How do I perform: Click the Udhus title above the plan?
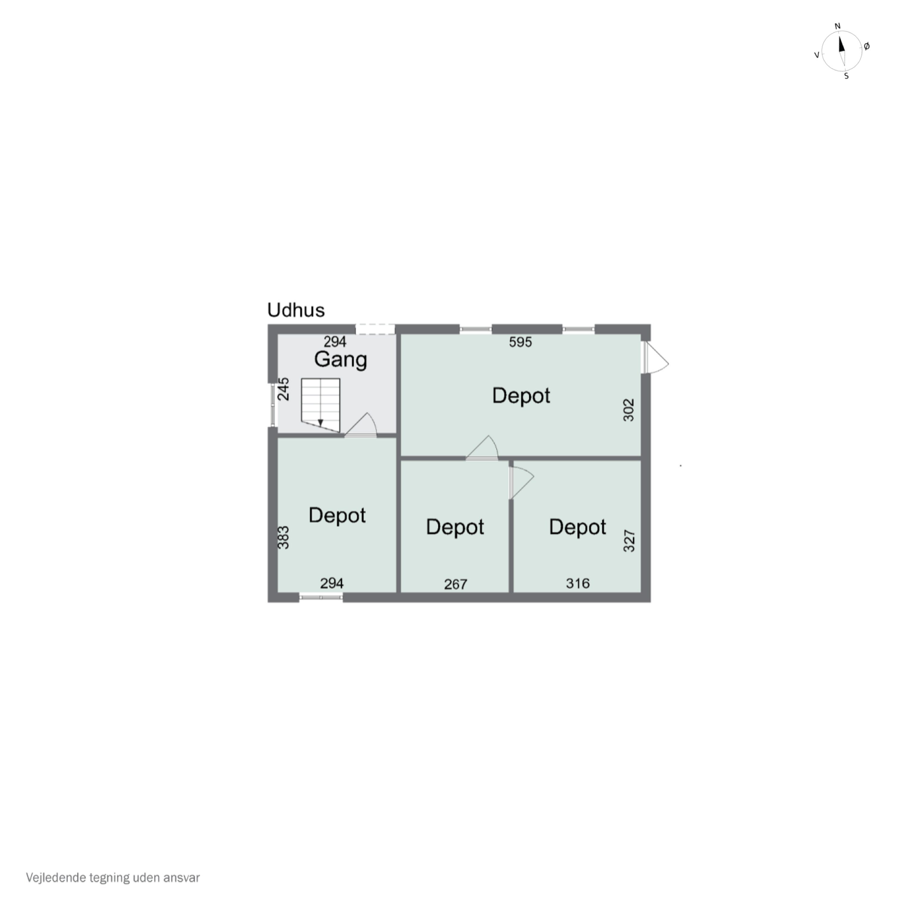coord(296,310)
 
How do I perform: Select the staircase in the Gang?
coord(320,405)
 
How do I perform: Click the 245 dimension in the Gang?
coord(283,389)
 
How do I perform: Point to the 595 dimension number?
coord(520,342)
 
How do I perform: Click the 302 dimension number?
coord(629,410)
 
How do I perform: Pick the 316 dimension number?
coord(578,583)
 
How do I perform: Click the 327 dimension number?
coord(629,541)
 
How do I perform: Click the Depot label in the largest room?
coord(521,396)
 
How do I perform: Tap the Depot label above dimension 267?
coord(455,527)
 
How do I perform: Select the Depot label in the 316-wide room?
coord(578,527)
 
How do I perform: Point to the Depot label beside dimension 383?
coord(337,515)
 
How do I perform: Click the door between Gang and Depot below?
coord(361,425)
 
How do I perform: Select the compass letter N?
coord(838,26)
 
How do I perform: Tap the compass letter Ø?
coord(867,46)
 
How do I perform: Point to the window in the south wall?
coord(321,597)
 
